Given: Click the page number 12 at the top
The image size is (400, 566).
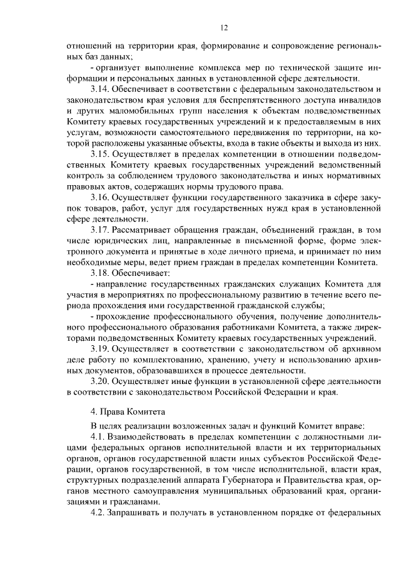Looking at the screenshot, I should (225, 28).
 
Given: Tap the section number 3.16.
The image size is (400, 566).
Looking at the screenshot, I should (101, 198).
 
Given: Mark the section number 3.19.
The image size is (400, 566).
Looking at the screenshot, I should (101, 349).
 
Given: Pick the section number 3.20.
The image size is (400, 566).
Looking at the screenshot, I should (101, 382).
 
